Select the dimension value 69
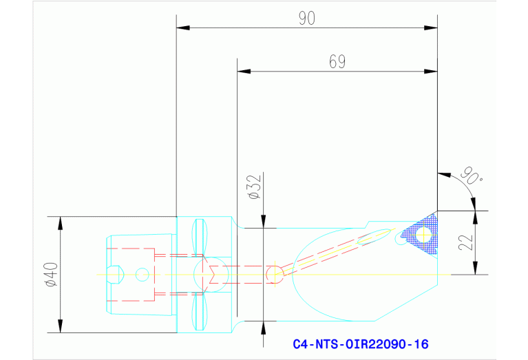tap(337, 62)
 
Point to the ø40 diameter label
tap(50, 274)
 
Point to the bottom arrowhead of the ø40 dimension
tap(60, 327)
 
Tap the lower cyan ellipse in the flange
tap(200, 310)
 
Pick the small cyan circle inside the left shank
tap(142, 274)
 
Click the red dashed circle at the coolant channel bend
tap(274, 274)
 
